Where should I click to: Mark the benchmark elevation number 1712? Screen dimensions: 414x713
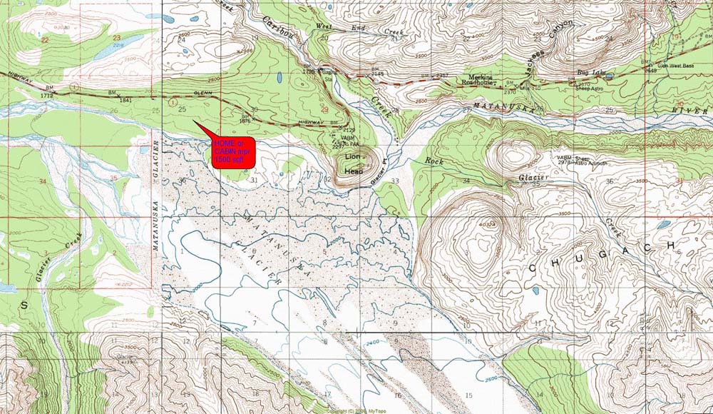tap(48, 95)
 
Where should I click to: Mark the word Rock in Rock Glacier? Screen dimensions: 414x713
tap(434, 161)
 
